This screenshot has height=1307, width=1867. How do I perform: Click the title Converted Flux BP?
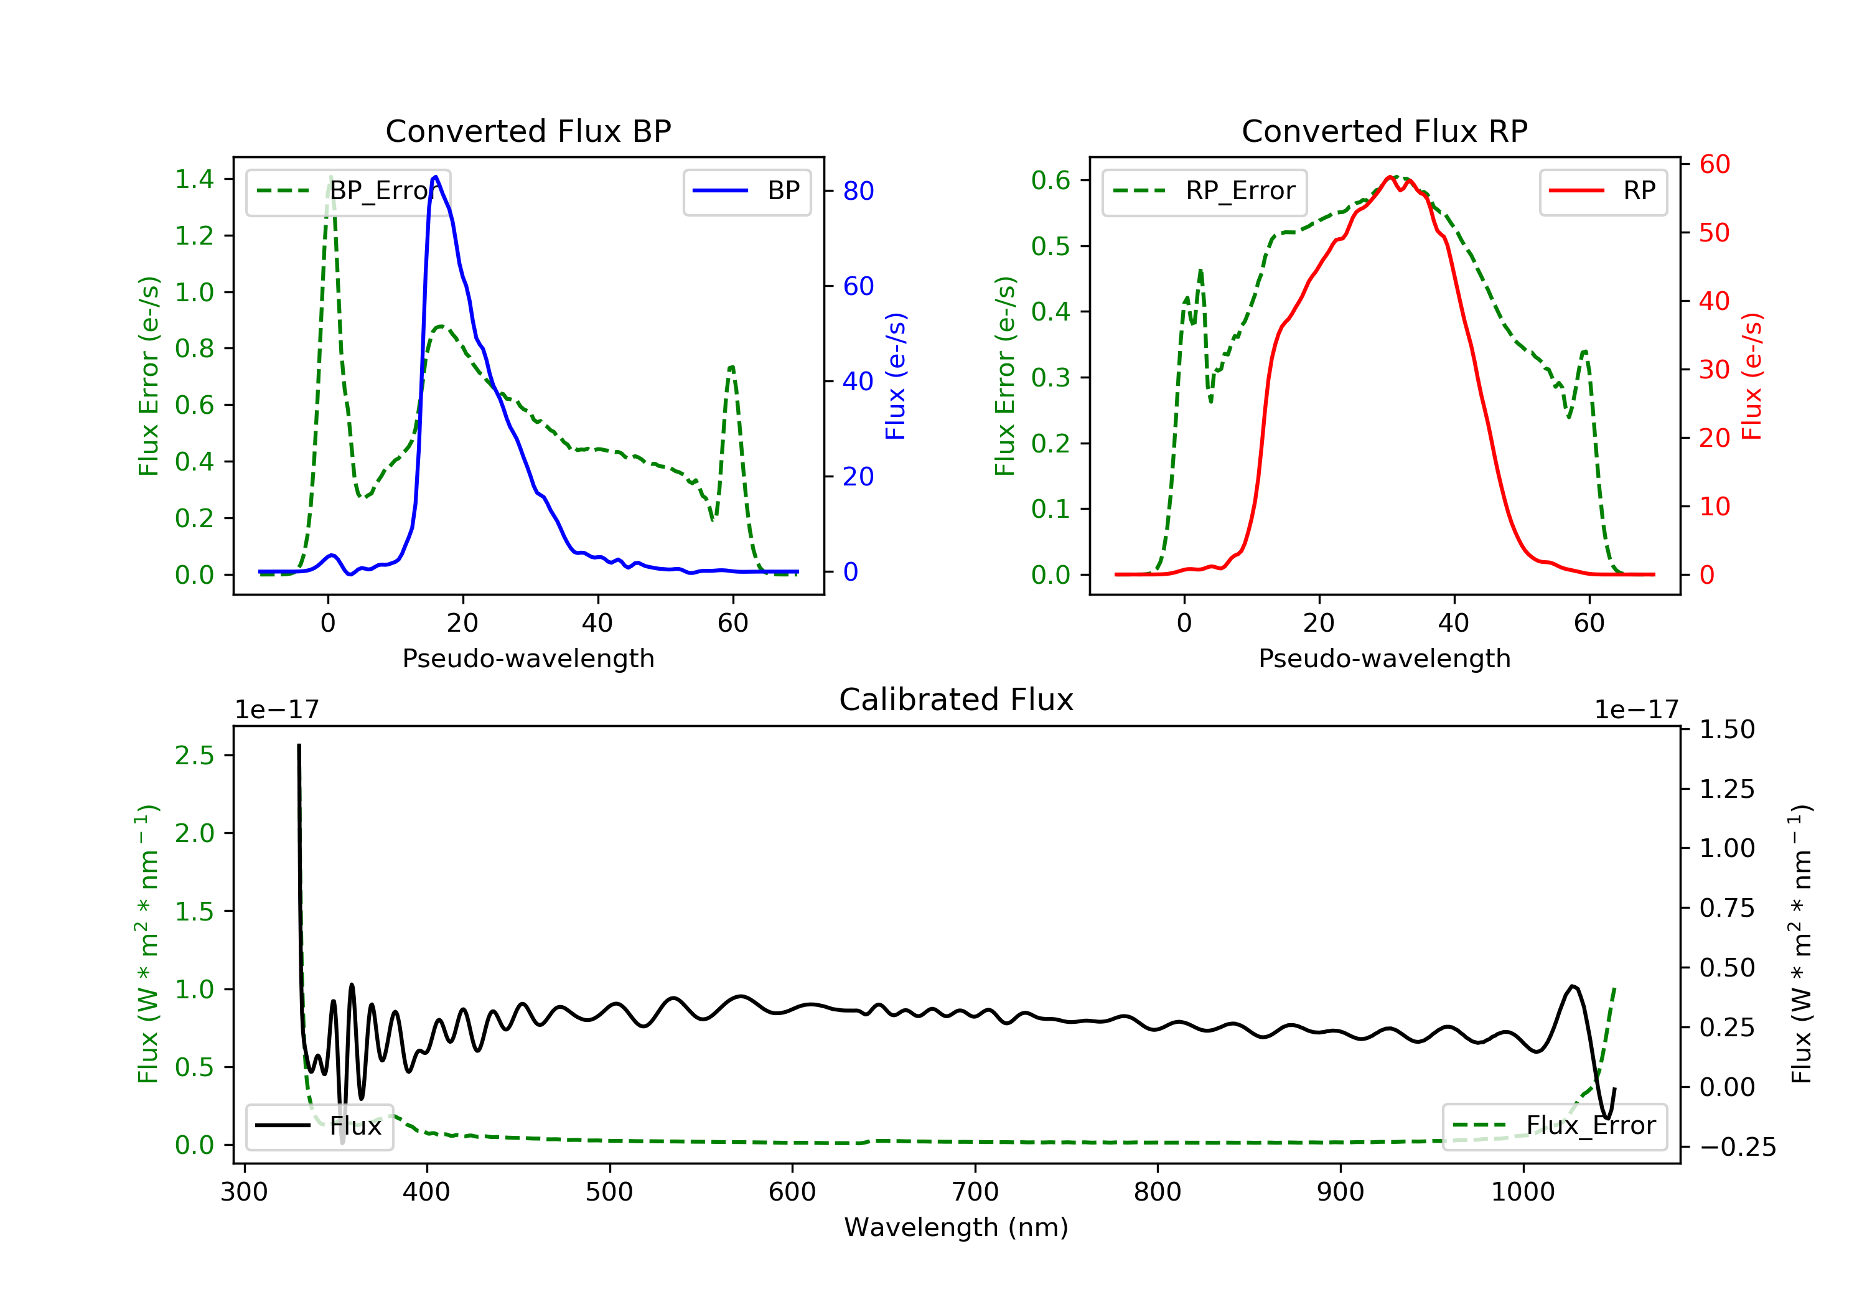tap(528, 131)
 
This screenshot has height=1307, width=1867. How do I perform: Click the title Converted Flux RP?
tap(1384, 131)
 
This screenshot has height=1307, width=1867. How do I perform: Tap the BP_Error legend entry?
tap(348, 191)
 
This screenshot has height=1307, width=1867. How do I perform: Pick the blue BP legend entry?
tap(746, 191)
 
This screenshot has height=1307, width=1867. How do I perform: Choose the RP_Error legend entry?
tap(1204, 191)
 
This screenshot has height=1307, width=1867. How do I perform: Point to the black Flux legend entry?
tap(320, 1126)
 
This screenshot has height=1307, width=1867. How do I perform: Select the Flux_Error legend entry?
tap(1554, 1126)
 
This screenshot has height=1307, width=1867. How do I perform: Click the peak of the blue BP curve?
tap(436, 177)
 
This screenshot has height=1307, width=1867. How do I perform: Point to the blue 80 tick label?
tap(858, 191)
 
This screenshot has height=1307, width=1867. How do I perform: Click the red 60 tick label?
tap(1714, 164)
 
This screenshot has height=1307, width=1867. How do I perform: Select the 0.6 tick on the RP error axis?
tap(1050, 180)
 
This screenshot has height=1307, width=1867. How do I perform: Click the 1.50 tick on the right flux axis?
tap(1726, 729)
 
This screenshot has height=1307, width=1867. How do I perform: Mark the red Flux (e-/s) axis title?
tap(1751, 376)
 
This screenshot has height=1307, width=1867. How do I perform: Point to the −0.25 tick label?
tap(1737, 1148)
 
